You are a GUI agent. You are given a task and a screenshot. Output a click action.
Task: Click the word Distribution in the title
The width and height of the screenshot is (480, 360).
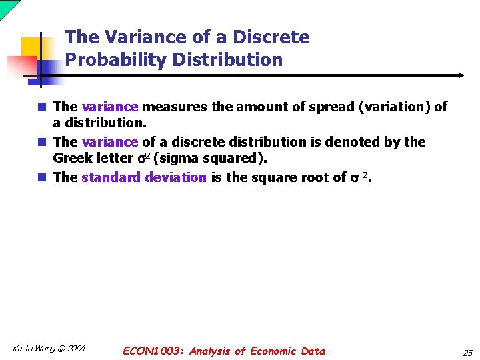(227, 60)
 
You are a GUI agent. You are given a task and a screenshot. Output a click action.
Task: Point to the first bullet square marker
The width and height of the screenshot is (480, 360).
(41, 107)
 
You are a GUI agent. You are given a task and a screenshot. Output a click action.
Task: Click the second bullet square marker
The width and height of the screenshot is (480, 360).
(41, 142)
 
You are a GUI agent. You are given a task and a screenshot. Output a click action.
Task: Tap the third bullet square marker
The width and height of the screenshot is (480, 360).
(41, 177)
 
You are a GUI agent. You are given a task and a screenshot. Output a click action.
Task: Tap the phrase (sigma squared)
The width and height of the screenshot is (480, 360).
(209, 159)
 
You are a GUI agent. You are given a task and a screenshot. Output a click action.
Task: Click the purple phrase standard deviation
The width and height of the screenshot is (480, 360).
(144, 177)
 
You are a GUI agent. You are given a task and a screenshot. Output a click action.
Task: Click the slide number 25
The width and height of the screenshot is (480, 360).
(467, 351)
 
